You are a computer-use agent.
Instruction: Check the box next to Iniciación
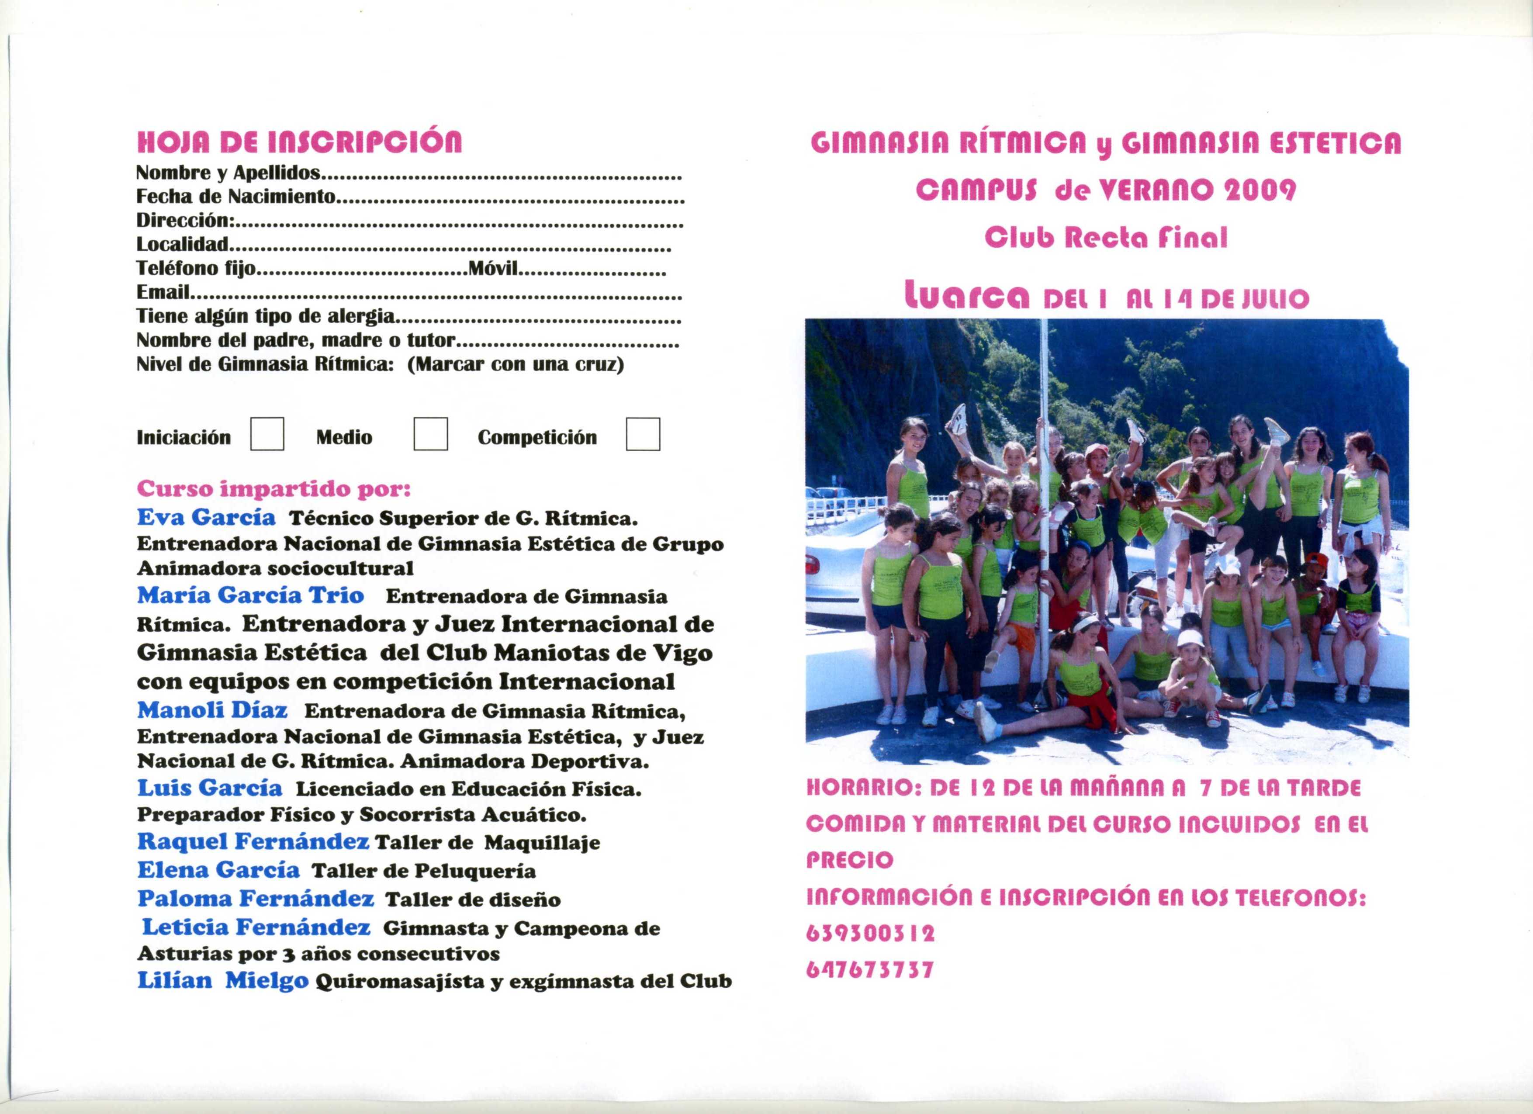pyautogui.click(x=267, y=434)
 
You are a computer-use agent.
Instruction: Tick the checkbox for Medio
pyautogui.click(x=431, y=434)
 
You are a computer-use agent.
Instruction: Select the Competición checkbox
pyautogui.click(x=643, y=434)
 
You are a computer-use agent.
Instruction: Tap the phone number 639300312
pyautogui.click(x=871, y=934)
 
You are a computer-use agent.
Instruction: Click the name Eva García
pyautogui.click(x=206, y=518)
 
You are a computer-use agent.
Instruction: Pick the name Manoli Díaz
pyautogui.click(x=212, y=710)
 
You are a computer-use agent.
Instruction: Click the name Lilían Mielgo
pyautogui.click(x=223, y=980)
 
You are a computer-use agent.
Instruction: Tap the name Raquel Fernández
pyautogui.click(x=253, y=841)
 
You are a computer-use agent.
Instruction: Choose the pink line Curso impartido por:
pyautogui.click(x=274, y=488)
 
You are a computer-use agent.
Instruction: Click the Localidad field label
pyautogui.click(x=183, y=244)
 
